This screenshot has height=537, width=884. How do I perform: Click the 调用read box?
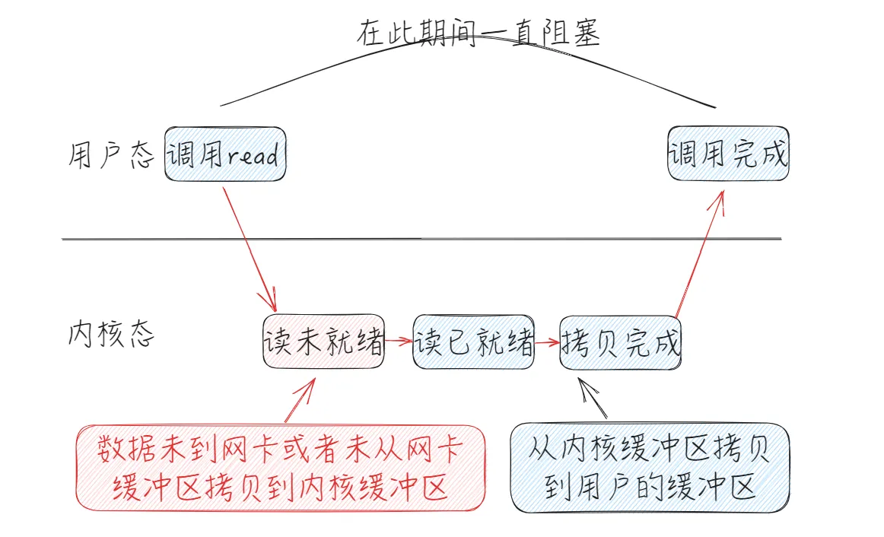[x=225, y=154]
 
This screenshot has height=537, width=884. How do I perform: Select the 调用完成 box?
[x=728, y=154]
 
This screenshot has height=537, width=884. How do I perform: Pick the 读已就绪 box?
[x=473, y=342]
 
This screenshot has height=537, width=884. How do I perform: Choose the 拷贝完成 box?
[x=620, y=342]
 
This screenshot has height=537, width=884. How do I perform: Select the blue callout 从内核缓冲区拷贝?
[x=650, y=467]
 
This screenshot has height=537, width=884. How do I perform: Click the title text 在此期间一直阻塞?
[x=479, y=34]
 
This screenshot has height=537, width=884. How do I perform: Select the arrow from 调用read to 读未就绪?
[x=248, y=243]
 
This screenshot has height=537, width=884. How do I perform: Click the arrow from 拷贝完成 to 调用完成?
[x=698, y=256]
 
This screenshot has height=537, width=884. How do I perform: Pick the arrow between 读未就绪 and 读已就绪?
[x=399, y=342]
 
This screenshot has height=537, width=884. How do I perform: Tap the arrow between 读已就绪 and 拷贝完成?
[x=547, y=342]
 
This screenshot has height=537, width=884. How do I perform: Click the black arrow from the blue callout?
[x=593, y=398]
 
